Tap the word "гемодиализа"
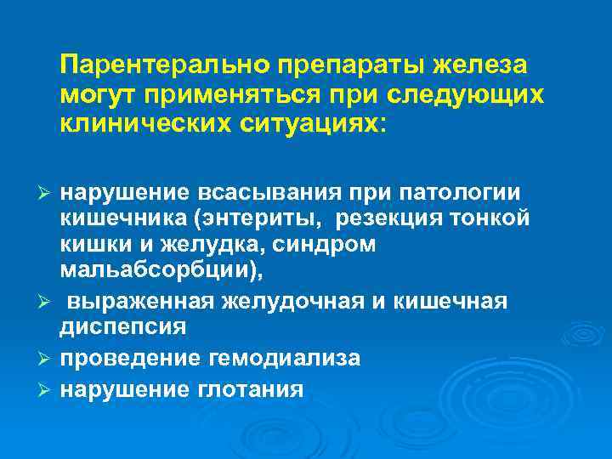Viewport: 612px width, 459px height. pyautogui.click(x=284, y=357)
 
